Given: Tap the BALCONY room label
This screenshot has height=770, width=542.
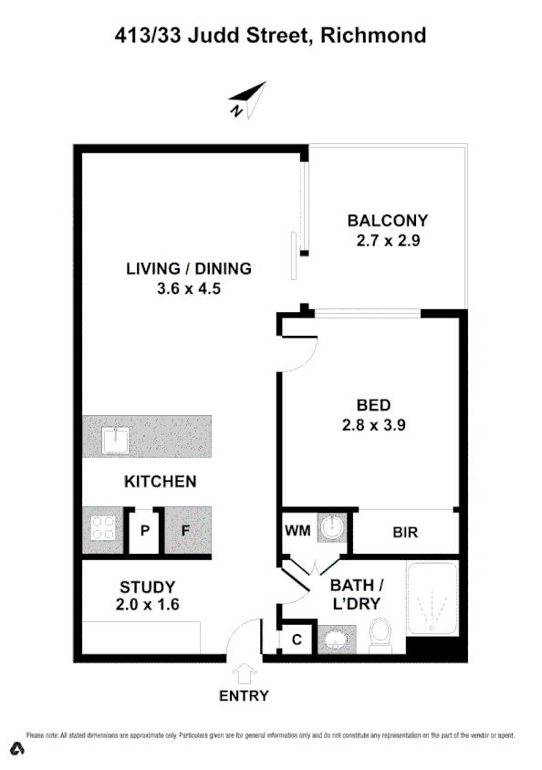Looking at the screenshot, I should [387, 220].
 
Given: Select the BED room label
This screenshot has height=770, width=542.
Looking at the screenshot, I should [374, 405].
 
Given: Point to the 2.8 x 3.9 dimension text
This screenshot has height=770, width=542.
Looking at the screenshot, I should [374, 424].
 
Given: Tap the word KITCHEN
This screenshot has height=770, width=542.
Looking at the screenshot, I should [160, 481].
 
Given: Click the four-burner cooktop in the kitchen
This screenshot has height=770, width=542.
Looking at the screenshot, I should [102, 529].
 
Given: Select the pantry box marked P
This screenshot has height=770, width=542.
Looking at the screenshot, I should [144, 529].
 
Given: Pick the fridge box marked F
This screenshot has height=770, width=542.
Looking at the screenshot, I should [184, 529].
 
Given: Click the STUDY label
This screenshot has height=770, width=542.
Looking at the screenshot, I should [147, 587].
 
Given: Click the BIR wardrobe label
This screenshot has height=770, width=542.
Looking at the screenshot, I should [405, 531].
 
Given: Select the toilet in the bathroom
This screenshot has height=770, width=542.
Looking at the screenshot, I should [380, 633].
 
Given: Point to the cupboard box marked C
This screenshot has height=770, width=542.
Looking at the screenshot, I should [297, 640].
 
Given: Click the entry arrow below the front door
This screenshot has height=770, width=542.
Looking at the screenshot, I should [244, 674].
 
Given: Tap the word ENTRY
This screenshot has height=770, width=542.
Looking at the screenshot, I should [244, 696].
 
